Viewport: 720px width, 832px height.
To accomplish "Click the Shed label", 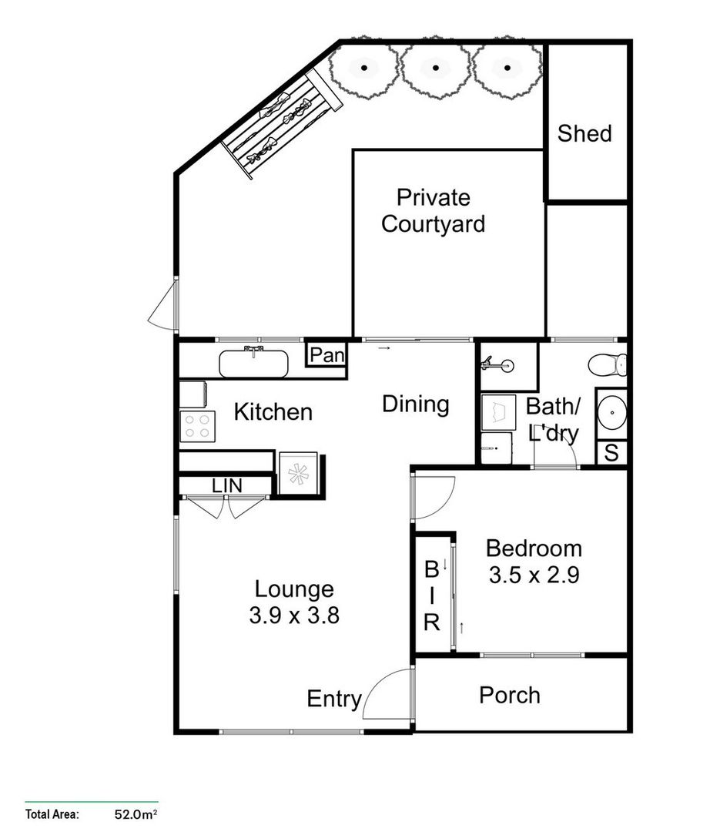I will click(x=584, y=133).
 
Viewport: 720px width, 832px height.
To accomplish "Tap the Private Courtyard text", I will click(x=434, y=211).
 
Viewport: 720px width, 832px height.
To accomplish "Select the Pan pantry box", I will click(x=327, y=355).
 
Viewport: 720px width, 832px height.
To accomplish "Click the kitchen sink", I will click(x=253, y=363).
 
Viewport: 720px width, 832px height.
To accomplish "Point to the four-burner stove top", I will click(x=197, y=426).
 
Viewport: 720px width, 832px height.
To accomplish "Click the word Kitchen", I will click(x=273, y=412).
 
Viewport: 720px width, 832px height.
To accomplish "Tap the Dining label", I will click(x=416, y=404).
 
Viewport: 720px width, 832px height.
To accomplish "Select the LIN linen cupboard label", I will click(x=227, y=486).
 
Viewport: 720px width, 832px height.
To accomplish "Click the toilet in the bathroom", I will click(x=608, y=363).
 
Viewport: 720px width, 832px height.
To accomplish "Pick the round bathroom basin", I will click(x=613, y=414).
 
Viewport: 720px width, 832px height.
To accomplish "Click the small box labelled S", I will click(x=611, y=453).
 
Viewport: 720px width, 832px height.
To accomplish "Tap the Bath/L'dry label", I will click(x=551, y=419).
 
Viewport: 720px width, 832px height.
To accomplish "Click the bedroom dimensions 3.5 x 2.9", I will click(x=534, y=575).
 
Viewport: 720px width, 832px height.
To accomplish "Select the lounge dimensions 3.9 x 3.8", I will click(x=295, y=616).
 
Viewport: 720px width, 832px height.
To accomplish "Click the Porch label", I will click(x=509, y=695).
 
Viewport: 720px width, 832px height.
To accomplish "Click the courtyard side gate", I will click(x=163, y=304).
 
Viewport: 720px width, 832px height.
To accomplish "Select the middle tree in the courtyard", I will click(x=436, y=68).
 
